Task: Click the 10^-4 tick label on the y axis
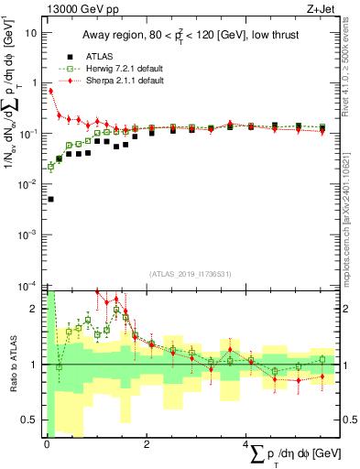coord(28,286)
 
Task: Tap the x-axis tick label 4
coord(246,444)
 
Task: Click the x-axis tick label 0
coord(46,444)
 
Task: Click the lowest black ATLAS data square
coord(50,199)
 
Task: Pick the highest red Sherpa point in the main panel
coord(50,92)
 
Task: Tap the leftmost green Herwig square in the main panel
coord(50,168)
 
